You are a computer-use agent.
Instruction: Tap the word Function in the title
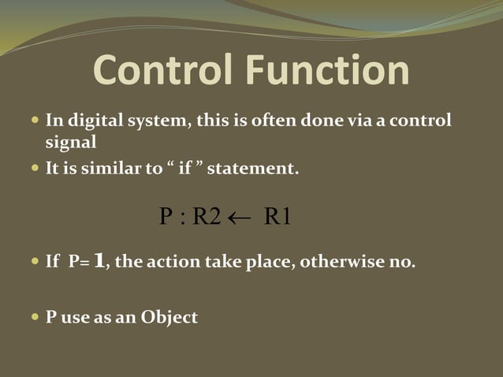point(331,72)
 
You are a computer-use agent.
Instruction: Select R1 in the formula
point(278,217)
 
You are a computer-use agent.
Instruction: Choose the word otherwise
point(341,262)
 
